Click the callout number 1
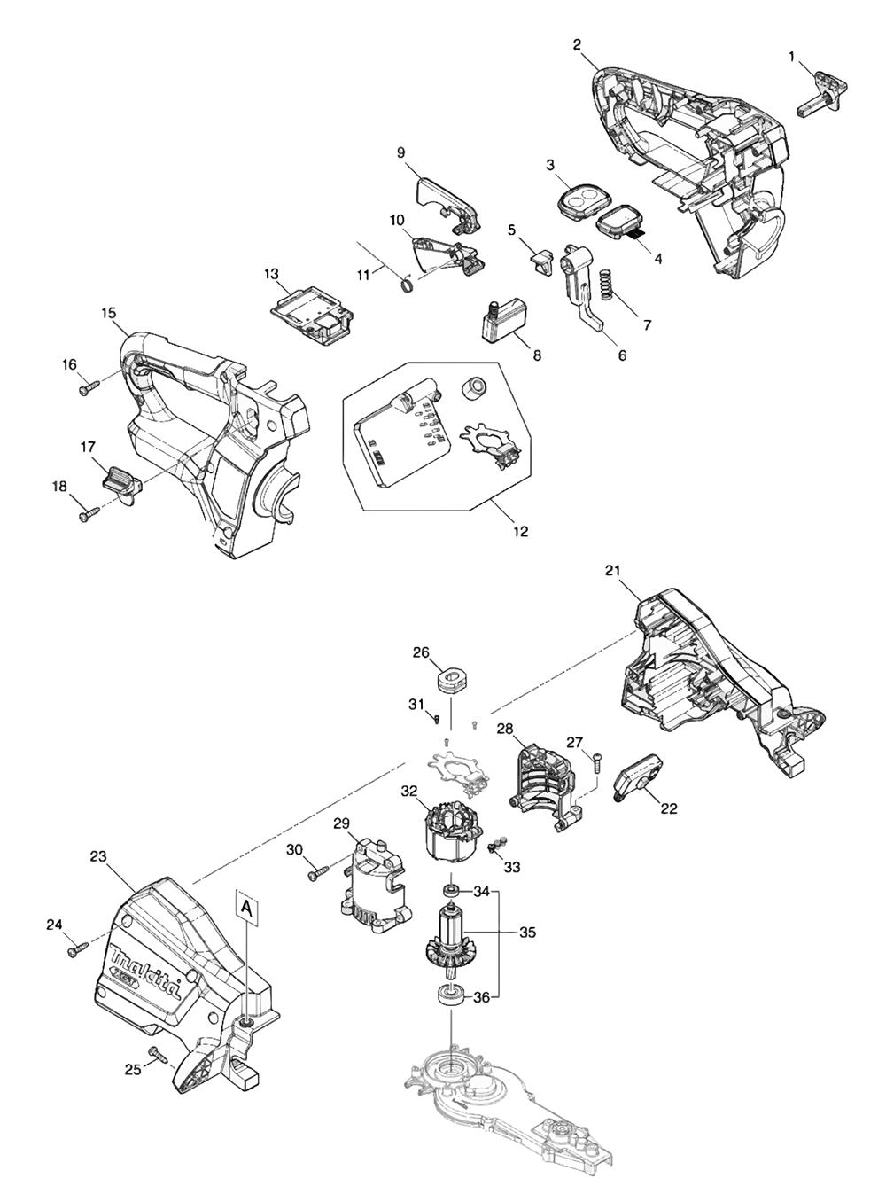click(791, 57)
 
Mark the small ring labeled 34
click(449, 890)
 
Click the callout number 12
click(520, 532)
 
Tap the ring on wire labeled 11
click(405, 285)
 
